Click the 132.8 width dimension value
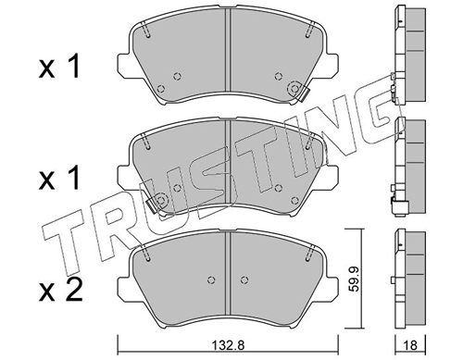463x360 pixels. click(x=229, y=345)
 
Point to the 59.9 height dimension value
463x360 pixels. click(x=353, y=279)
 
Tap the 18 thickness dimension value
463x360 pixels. click(x=410, y=345)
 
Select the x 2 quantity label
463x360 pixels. click(x=61, y=290)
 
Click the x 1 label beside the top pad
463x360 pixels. click(x=59, y=66)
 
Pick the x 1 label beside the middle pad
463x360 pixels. click(x=59, y=178)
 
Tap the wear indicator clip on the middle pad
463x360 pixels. click(x=152, y=205)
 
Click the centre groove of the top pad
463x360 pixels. click(x=228, y=50)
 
